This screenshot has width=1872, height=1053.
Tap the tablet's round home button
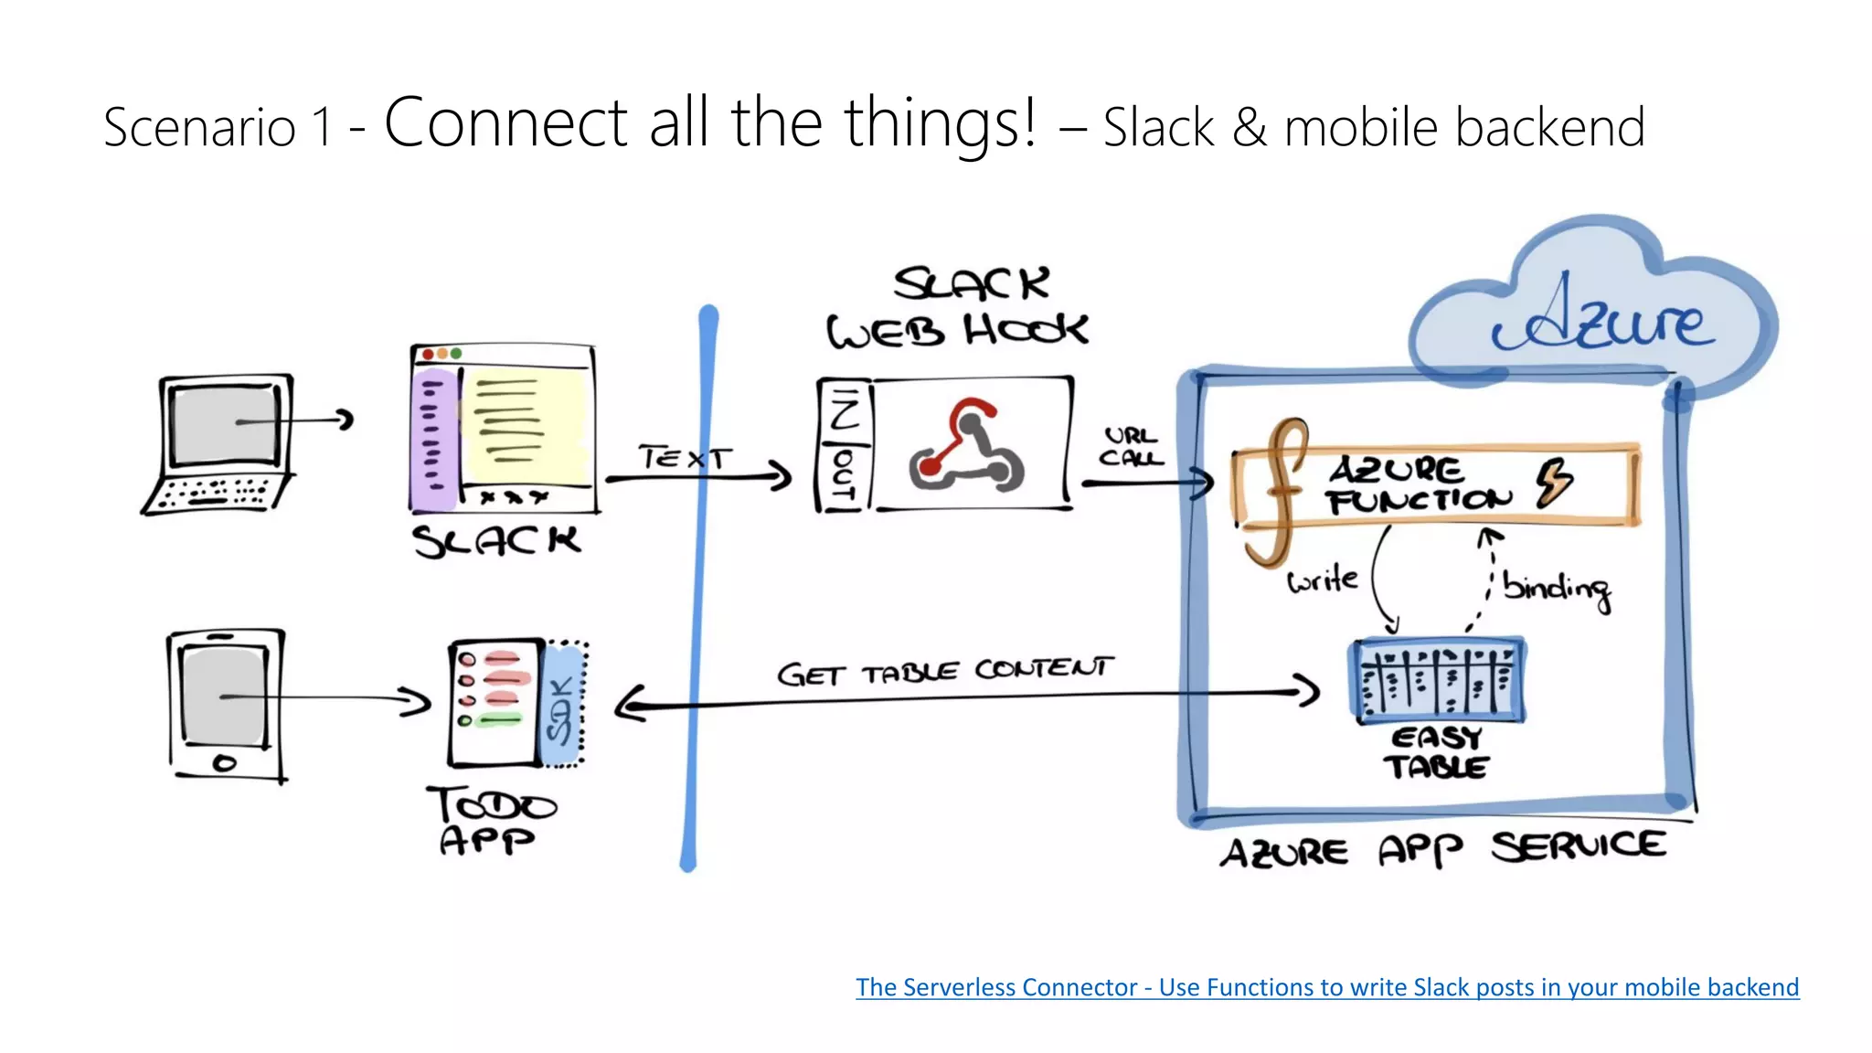pyautogui.click(x=224, y=762)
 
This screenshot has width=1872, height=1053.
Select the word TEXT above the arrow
pyautogui.click(x=685, y=457)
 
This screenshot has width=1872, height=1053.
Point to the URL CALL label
pyautogui.click(x=1131, y=447)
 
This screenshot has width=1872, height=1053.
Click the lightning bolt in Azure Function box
pyautogui.click(x=1553, y=482)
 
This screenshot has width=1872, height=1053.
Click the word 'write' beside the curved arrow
pyautogui.click(x=1322, y=580)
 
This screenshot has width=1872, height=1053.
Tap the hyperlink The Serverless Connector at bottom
pyautogui.click(x=1326, y=987)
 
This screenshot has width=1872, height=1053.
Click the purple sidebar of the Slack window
pyautogui.click(x=432, y=439)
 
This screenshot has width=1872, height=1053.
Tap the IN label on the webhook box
pyautogui.click(x=843, y=409)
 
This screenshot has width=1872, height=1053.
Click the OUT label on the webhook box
pyautogui.click(x=843, y=476)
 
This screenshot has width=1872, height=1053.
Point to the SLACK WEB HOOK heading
pyautogui.click(x=958, y=307)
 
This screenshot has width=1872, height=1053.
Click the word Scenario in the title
pyautogui.click(x=199, y=127)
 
